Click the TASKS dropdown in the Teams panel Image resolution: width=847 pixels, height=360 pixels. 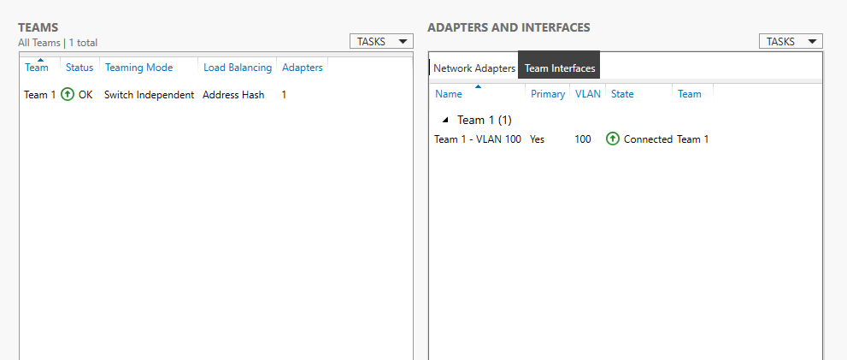point(381,42)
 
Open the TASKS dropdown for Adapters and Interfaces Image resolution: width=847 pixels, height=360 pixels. point(791,42)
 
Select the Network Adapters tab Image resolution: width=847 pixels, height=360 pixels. point(474,68)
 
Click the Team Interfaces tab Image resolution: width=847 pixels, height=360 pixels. point(560,68)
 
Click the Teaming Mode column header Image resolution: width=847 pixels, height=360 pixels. point(138,68)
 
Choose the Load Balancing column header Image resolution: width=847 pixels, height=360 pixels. point(238,68)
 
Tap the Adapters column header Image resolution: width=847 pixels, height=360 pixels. point(303,68)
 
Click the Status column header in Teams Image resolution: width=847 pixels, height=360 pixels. point(79,68)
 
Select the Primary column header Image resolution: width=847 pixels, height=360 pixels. point(548,94)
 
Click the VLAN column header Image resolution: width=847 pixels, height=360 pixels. point(588,94)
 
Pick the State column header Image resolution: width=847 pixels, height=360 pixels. point(622,94)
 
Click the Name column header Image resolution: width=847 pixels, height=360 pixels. point(449,94)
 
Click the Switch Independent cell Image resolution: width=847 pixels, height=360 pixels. point(149,95)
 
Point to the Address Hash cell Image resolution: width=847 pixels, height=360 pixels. point(233,95)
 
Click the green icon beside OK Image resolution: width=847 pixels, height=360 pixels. point(68,95)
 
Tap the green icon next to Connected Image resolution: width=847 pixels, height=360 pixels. point(613,139)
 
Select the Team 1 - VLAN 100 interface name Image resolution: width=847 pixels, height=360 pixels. point(478,139)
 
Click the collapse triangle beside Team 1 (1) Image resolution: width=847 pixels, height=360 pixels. point(445,120)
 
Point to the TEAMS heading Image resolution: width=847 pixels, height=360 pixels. point(38,27)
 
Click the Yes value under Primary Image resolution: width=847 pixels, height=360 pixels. point(538,139)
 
